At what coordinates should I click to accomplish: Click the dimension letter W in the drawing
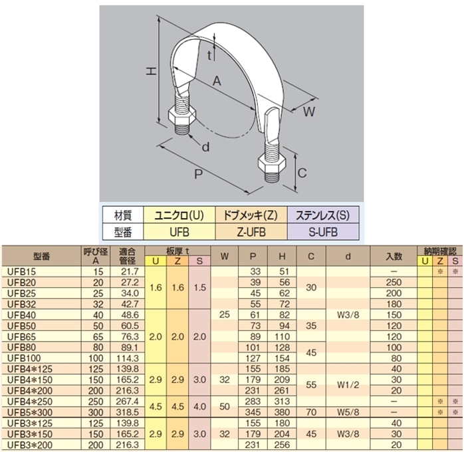(309, 112)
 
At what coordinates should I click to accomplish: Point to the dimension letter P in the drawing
(198, 174)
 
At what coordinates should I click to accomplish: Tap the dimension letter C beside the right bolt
(302, 173)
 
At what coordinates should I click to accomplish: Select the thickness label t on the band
(209, 55)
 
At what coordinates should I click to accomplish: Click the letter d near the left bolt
(205, 147)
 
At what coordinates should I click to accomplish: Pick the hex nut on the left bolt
(181, 116)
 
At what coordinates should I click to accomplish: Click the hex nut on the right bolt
(272, 163)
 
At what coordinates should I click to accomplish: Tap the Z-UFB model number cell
(251, 232)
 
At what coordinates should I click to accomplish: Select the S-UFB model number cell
(323, 232)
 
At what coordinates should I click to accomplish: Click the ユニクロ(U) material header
(179, 215)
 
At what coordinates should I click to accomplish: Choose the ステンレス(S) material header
(323, 215)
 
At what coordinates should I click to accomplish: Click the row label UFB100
(24, 358)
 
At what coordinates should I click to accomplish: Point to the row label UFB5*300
(30, 412)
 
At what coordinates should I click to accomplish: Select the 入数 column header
(394, 256)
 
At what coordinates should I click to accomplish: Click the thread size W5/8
(348, 412)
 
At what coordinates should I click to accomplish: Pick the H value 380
(282, 412)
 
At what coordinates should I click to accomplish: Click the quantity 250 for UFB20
(394, 282)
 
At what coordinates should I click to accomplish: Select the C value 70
(311, 412)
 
